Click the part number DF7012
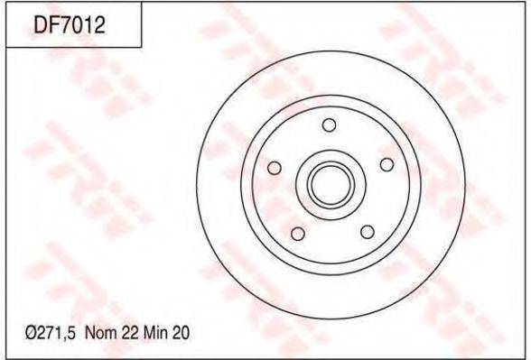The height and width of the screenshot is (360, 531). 70,25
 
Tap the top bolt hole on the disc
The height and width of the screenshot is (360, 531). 329,125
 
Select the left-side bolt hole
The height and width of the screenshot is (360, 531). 275,168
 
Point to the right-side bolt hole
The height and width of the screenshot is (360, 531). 387,165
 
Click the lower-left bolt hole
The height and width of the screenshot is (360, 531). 298,234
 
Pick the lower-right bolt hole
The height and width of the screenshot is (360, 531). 368,232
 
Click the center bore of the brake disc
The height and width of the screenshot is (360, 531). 331,185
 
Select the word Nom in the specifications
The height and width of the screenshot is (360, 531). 99,333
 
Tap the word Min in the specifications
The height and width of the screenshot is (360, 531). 156,333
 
